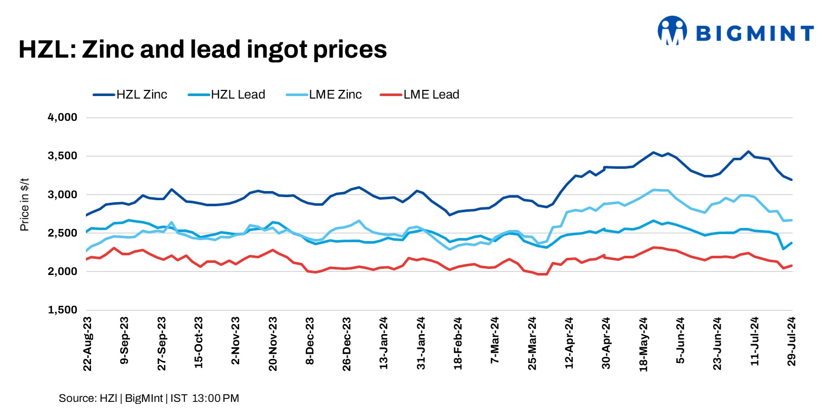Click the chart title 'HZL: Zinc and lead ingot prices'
pyautogui.click(x=202, y=50)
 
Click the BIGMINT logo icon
pyautogui.click(x=672, y=30)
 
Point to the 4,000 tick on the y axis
pyautogui.click(x=63, y=117)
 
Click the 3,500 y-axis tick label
pyautogui.click(x=63, y=156)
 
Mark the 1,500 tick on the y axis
pyautogui.click(x=63, y=310)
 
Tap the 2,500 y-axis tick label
pyautogui.click(x=63, y=233)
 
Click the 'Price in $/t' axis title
pyautogui.click(x=24, y=205)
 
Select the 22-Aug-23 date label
pyautogui.click(x=87, y=344)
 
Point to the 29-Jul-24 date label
pyautogui.click(x=792, y=342)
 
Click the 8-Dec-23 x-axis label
pyautogui.click(x=310, y=341)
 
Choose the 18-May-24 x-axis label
pyautogui.click(x=644, y=344)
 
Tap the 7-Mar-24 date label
pyautogui.click(x=495, y=340)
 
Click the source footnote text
pyautogui.click(x=149, y=398)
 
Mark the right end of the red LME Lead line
pyautogui.click(x=792, y=265)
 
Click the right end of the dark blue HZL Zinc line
pyautogui.click(x=792, y=180)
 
